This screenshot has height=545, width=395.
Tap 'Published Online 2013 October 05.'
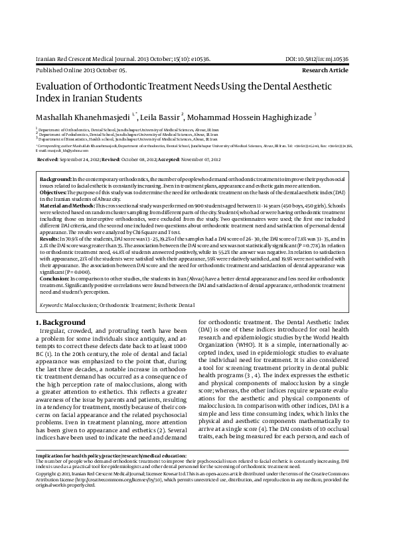pos(77,70)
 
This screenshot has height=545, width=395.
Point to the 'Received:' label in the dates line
pos(48,160)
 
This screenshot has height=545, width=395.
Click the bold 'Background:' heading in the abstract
pos(56,180)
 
